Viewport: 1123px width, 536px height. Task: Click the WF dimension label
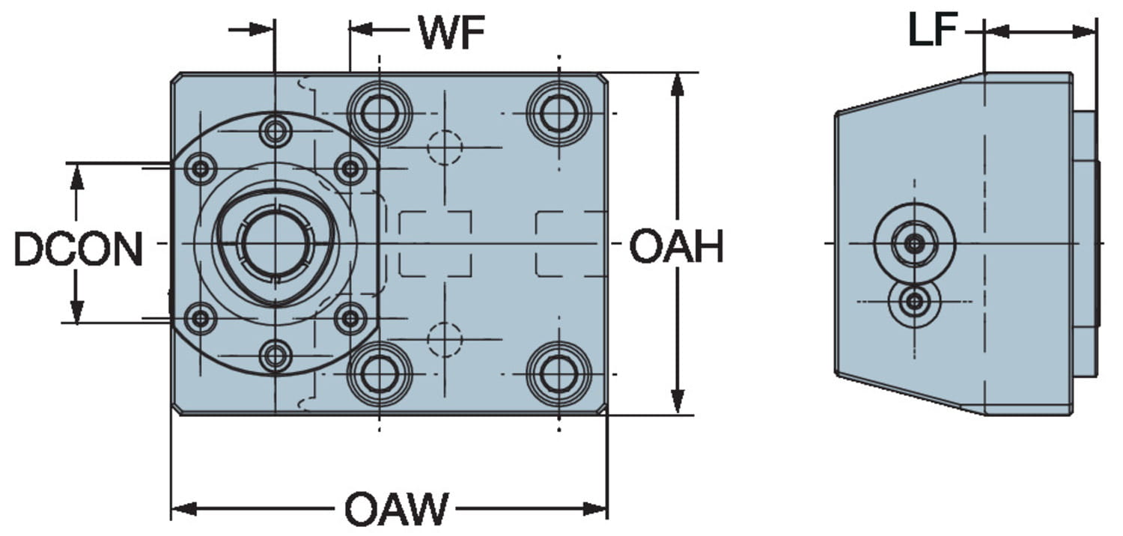[451, 32]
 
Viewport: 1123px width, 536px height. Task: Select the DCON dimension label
[79, 249]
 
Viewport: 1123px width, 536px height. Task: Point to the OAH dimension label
[676, 248]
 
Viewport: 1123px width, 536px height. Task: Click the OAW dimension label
[396, 510]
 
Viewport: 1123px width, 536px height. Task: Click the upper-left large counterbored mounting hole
[379, 114]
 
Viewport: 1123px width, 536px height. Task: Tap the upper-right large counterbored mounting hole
[559, 114]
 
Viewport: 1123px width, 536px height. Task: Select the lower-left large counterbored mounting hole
[379, 373]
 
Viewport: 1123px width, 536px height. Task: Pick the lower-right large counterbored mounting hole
[559, 373]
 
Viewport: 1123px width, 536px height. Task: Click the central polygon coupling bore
[275, 243]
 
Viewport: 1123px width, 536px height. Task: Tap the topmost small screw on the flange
[275, 132]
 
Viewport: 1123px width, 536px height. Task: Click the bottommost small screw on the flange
[275, 356]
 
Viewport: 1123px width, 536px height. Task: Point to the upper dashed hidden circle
[445, 147]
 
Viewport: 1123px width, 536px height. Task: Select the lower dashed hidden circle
[445, 339]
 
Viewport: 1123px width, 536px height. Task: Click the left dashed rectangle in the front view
[435, 244]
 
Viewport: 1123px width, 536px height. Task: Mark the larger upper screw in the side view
[913, 243]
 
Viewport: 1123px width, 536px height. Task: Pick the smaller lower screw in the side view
[913, 302]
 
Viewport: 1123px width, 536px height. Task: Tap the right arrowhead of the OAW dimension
[596, 510]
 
